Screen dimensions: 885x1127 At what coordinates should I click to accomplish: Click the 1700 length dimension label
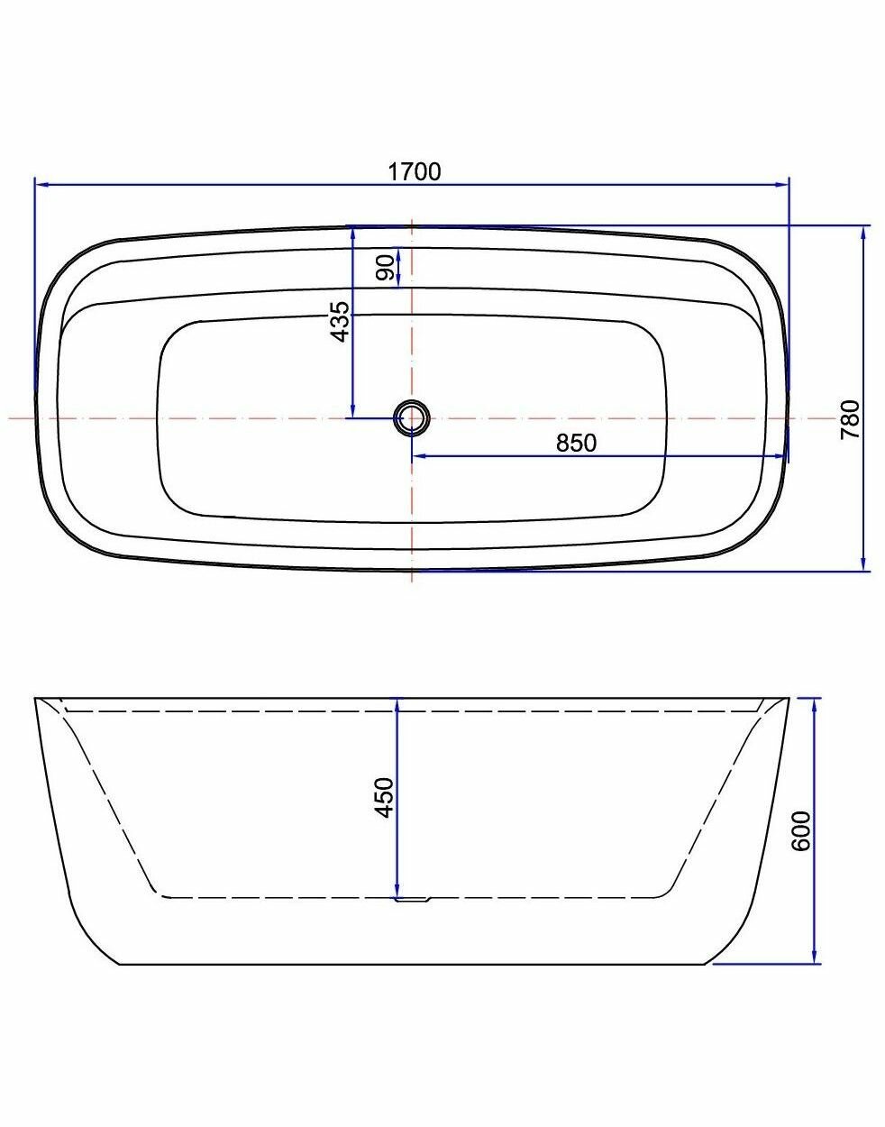click(415, 171)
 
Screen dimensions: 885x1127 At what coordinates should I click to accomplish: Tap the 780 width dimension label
click(850, 419)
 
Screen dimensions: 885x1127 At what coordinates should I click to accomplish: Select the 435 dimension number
click(340, 321)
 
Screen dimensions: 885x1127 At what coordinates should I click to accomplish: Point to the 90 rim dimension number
click(386, 268)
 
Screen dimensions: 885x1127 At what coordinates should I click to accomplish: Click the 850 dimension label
click(577, 443)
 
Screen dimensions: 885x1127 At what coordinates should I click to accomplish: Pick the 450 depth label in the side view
click(384, 797)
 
